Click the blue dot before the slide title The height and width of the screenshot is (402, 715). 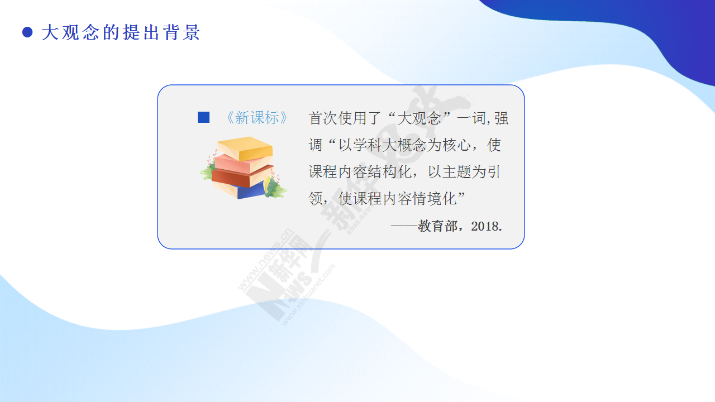(x=27, y=32)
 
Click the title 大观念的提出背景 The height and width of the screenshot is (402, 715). (x=121, y=32)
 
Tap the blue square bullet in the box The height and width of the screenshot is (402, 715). (x=204, y=117)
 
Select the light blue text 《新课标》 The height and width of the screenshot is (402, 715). (x=257, y=117)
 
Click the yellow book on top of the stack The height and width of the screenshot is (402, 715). (x=245, y=148)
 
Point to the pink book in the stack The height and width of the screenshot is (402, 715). (x=242, y=164)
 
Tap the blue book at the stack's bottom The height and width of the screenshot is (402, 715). (x=251, y=192)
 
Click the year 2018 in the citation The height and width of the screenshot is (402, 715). (x=484, y=226)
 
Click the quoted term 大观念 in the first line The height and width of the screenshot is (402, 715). (x=419, y=118)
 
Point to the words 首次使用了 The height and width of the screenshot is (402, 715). (x=345, y=118)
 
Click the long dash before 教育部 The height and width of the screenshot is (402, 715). (x=404, y=226)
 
